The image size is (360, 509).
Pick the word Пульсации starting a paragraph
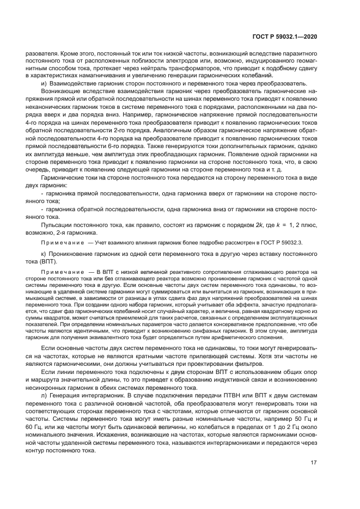point(56,225)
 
